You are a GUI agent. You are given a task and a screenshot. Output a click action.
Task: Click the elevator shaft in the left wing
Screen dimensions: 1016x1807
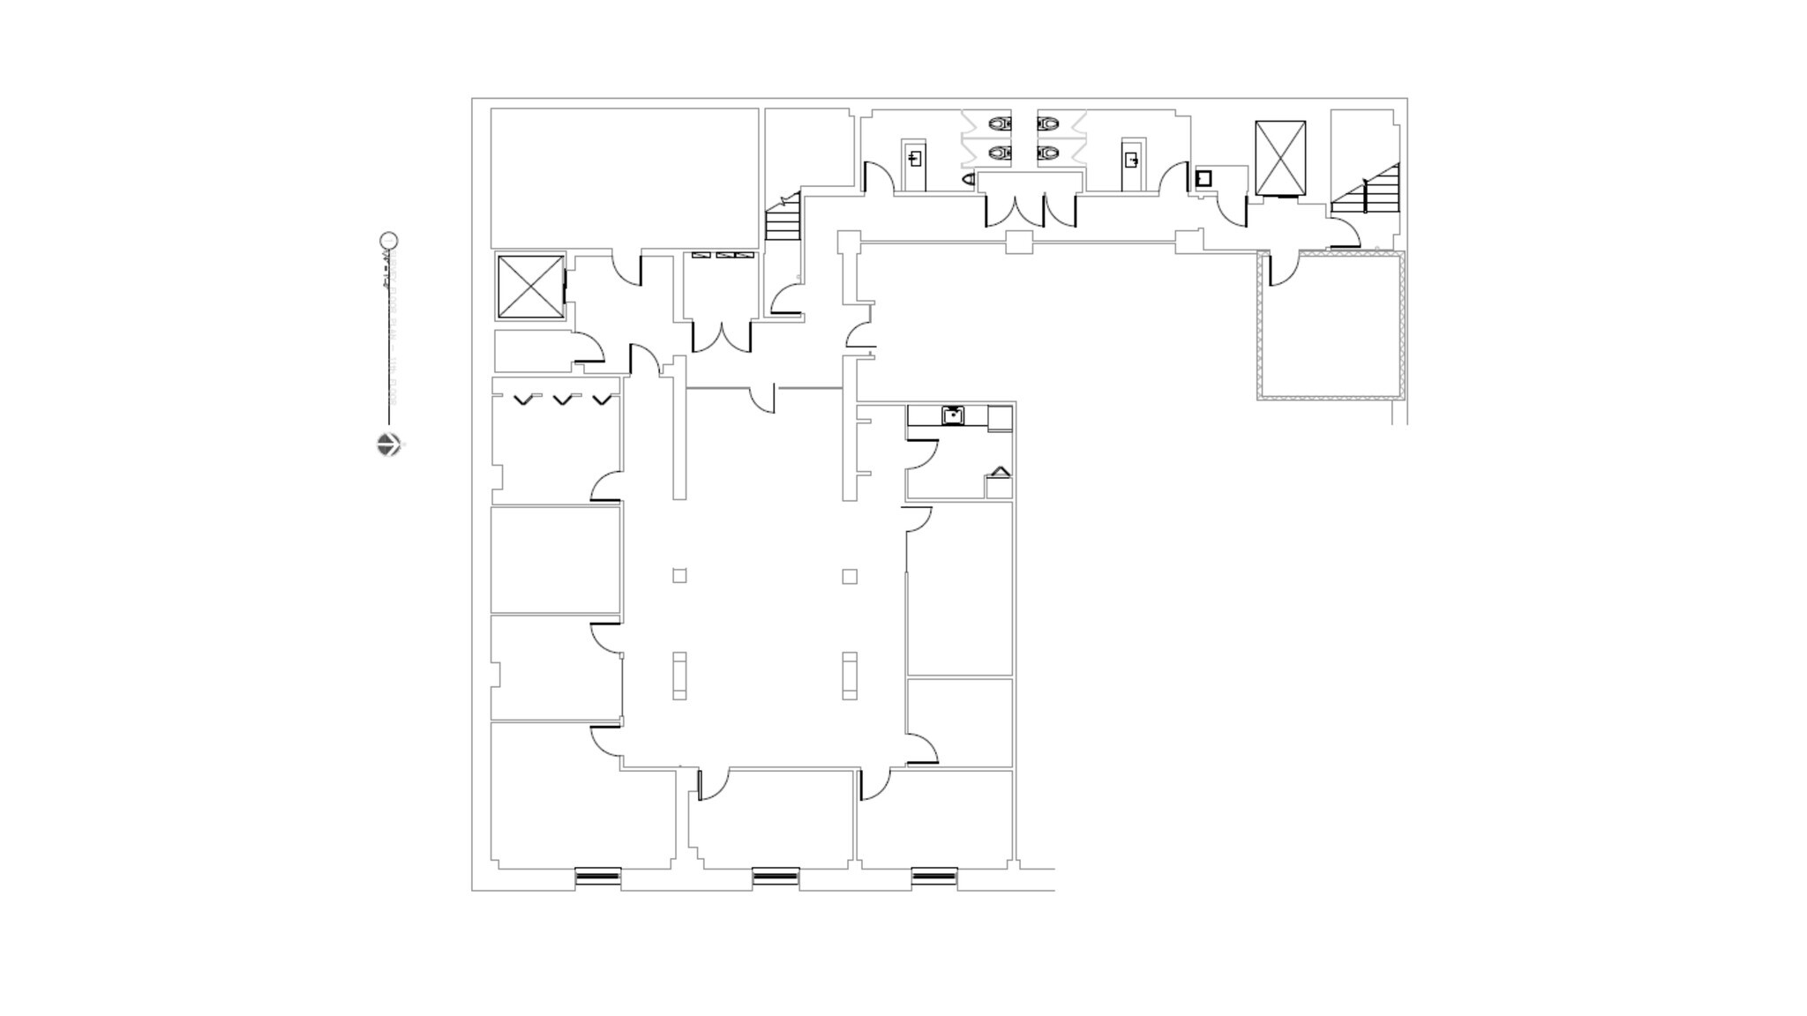530,287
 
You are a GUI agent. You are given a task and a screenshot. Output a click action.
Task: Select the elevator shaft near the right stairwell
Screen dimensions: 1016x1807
1279,158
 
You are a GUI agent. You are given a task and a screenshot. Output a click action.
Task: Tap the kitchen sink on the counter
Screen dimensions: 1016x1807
952,415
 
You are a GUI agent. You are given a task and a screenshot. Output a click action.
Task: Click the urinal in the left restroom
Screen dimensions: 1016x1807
968,179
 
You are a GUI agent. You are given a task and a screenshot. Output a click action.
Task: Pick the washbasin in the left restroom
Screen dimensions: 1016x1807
915,160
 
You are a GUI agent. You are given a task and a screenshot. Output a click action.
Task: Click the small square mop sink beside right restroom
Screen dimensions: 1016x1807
1203,179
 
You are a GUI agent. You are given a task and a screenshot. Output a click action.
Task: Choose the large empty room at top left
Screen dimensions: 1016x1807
624,177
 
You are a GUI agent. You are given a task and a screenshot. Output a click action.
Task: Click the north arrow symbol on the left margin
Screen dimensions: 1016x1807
388,444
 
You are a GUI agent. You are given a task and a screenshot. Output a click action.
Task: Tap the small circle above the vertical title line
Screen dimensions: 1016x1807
388,241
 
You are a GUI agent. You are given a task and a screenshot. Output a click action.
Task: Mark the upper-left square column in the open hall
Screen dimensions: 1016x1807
679,576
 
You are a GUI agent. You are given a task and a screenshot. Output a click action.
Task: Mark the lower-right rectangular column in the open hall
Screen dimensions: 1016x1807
850,676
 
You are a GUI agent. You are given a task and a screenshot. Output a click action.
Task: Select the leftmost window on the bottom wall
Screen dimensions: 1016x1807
598,877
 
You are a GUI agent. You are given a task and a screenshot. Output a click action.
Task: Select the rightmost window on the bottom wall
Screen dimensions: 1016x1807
934,877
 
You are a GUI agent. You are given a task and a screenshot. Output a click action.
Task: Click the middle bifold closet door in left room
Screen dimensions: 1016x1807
562,400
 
